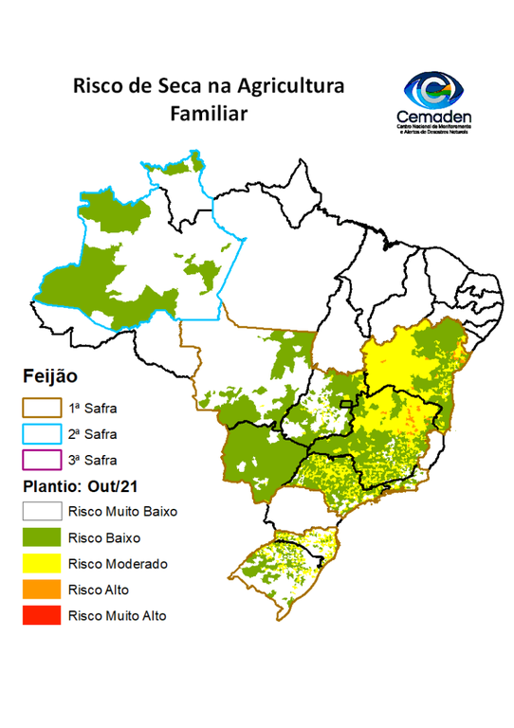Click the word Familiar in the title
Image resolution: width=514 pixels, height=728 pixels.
click(208, 113)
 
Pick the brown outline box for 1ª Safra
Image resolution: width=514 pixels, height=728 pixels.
click(41, 409)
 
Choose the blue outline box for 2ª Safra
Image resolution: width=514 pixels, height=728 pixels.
click(41, 434)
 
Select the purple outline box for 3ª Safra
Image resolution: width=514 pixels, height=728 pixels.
click(41, 461)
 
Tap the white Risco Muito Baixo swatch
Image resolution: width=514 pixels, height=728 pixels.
click(41, 512)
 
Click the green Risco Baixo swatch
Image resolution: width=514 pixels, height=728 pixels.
click(41, 537)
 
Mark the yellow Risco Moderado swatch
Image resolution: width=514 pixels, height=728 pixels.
click(41, 563)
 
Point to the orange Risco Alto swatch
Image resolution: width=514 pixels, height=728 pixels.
click(41, 590)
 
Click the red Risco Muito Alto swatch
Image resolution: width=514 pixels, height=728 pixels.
click(41, 615)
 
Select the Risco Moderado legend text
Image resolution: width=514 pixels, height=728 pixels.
click(118, 563)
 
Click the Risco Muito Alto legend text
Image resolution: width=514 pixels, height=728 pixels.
click(117, 615)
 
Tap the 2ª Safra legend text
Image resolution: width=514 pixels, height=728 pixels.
click(92, 434)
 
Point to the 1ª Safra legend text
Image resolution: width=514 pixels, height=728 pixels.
click(92, 409)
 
